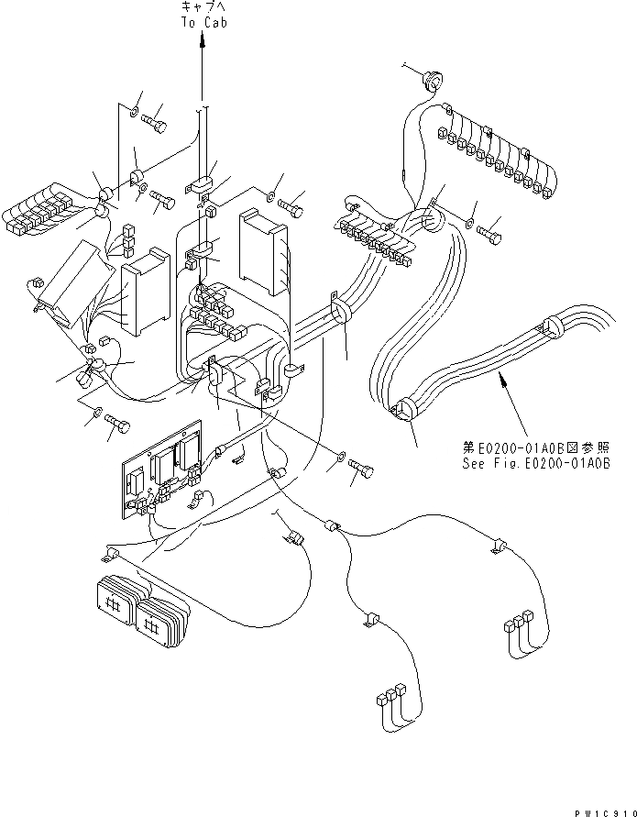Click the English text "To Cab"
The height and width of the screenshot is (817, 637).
coord(202,25)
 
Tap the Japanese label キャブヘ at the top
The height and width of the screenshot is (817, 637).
coord(202,9)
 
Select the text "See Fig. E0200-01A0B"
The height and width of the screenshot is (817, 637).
coord(536,463)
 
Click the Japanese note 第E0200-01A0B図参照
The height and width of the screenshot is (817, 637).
coord(536,448)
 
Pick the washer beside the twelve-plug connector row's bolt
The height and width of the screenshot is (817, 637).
coord(469,221)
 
